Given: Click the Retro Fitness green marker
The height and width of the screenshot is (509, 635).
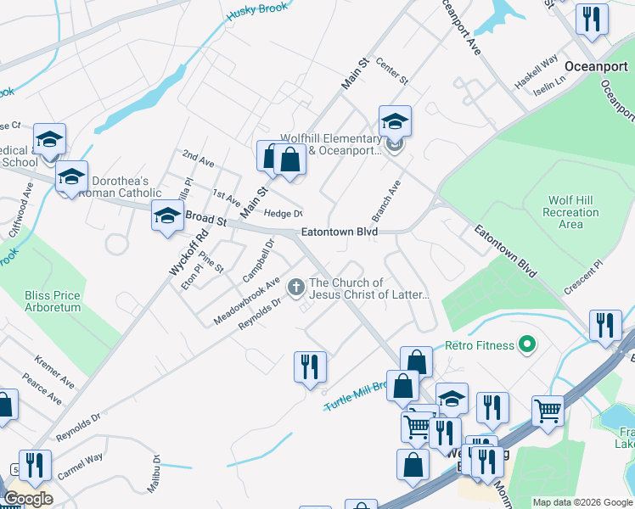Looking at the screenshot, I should (x=526, y=344).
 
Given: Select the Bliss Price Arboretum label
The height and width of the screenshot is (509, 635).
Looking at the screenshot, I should (x=53, y=301).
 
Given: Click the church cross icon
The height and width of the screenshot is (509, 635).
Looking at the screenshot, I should (x=296, y=288).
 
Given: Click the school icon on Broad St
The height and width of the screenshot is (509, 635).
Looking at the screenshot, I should (x=167, y=215).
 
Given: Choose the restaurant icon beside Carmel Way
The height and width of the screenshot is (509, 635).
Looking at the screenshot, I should (x=34, y=464).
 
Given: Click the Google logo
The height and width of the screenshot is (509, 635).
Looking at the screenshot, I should (x=27, y=499).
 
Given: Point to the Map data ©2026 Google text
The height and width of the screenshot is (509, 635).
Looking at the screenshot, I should (x=582, y=502).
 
